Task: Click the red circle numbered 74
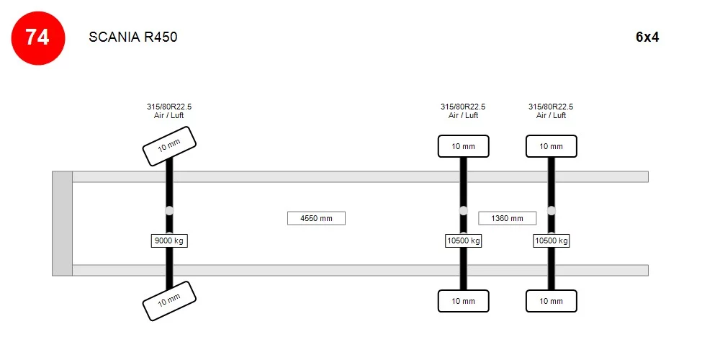click(x=38, y=38)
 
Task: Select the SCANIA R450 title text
click(x=133, y=37)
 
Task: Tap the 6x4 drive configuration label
click(x=647, y=37)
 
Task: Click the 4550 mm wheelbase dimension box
click(x=316, y=218)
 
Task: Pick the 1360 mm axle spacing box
click(x=508, y=218)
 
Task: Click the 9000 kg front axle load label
click(x=169, y=240)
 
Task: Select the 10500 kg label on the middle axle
click(x=463, y=240)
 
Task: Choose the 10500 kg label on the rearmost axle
click(x=551, y=240)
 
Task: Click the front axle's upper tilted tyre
click(x=169, y=146)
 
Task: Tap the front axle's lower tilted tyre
click(x=169, y=301)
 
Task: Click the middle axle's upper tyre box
click(x=463, y=146)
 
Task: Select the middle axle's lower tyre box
click(x=463, y=301)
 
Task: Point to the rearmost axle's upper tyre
click(x=551, y=146)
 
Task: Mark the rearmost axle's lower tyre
click(x=551, y=301)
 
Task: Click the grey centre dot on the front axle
click(x=169, y=210)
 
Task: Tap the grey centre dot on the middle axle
click(x=463, y=210)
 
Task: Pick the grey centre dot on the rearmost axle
click(x=551, y=210)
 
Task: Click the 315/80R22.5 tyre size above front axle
click(x=169, y=107)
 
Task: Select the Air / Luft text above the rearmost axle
click(x=551, y=115)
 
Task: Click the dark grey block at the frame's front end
click(x=63, y=224)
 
